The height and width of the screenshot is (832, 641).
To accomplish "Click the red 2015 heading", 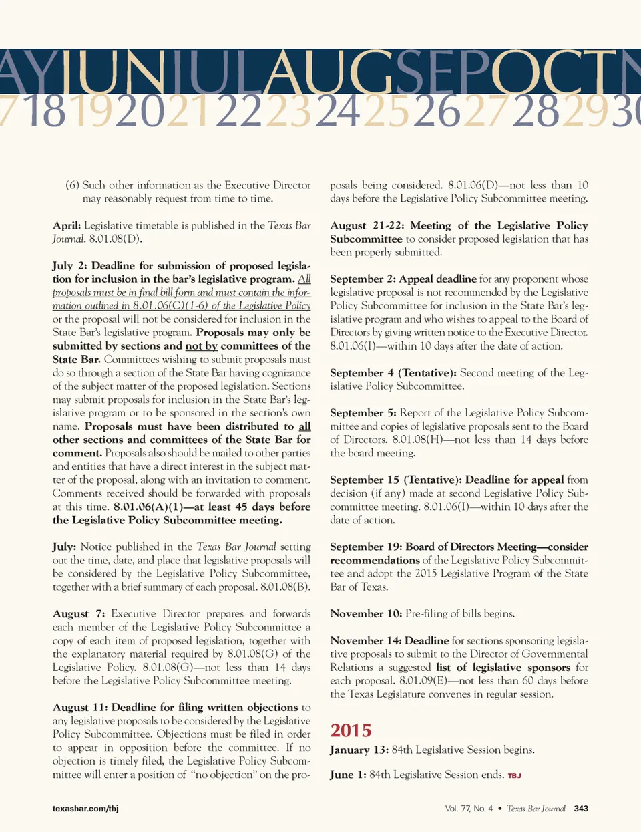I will (351, 730).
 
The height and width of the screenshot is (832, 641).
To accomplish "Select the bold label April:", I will (67, 225).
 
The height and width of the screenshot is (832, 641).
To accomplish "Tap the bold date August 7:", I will (79, 613).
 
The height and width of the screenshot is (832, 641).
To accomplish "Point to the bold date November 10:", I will (366, 613).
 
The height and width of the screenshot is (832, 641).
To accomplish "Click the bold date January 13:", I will (359, 750).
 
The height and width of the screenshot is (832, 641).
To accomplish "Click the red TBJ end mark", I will (514, 776).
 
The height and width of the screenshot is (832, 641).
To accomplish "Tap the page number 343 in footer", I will (581, 809).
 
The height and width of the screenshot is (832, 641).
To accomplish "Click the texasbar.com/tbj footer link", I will (85, 809).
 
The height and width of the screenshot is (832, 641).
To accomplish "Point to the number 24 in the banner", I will (337, 112).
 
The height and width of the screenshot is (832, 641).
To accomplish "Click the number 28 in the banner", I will (536, 112).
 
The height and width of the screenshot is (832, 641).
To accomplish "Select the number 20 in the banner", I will (140, 112).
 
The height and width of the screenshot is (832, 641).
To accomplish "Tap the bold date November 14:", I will (366, 640).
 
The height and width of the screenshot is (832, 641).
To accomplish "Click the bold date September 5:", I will (363, 413).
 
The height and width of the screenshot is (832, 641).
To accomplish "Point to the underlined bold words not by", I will (201, 345).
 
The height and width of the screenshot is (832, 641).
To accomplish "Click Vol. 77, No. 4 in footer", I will (469, 809).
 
